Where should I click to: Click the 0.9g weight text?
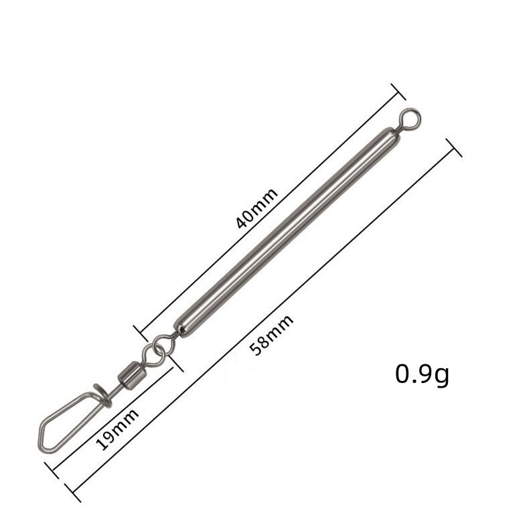pyautogui.click(x=422, y=374)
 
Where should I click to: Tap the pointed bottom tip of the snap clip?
pyautogui.click(x=42, y=444)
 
